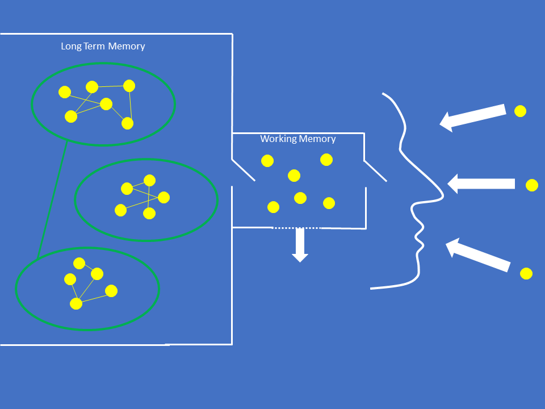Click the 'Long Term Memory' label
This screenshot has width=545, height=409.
pyautogui.click(x=103, y=46)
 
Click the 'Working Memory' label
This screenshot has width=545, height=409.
pyautogui.click(x=298, y=139)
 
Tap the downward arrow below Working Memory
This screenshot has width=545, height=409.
pyautogui.click(x=300, y=245)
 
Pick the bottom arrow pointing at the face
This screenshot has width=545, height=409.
pyautogui.click(x=478, y=255)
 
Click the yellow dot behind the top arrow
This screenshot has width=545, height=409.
pyautogui.click(x=520, y=111)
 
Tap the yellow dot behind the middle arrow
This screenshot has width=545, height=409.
pyautogui.click(x=532, y=185)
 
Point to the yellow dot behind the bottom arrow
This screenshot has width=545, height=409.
pyautogui.click(x=526, y=273)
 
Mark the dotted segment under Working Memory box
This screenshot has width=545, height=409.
pyautogui.click(x=296, y=228)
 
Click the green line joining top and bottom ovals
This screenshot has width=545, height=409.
pyautogui.click(x=52, y=198)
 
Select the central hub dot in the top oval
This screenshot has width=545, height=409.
pyautogui.click(x=106, y=103)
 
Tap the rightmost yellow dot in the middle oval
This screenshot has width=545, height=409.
pyautogui.click(x=163, y=197)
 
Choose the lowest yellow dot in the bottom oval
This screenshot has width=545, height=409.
pyautogui.click(x=76, y=303)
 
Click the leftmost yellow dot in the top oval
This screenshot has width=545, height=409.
pyautogui.click(x=65, y=91)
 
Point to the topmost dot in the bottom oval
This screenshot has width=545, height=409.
pyautogui.click(x=79, y=263)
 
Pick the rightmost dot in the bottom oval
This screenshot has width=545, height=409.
pyautogui.click(x=111, y=291)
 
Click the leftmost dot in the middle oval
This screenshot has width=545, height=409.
pyautogui.click(x=120, y=210)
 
